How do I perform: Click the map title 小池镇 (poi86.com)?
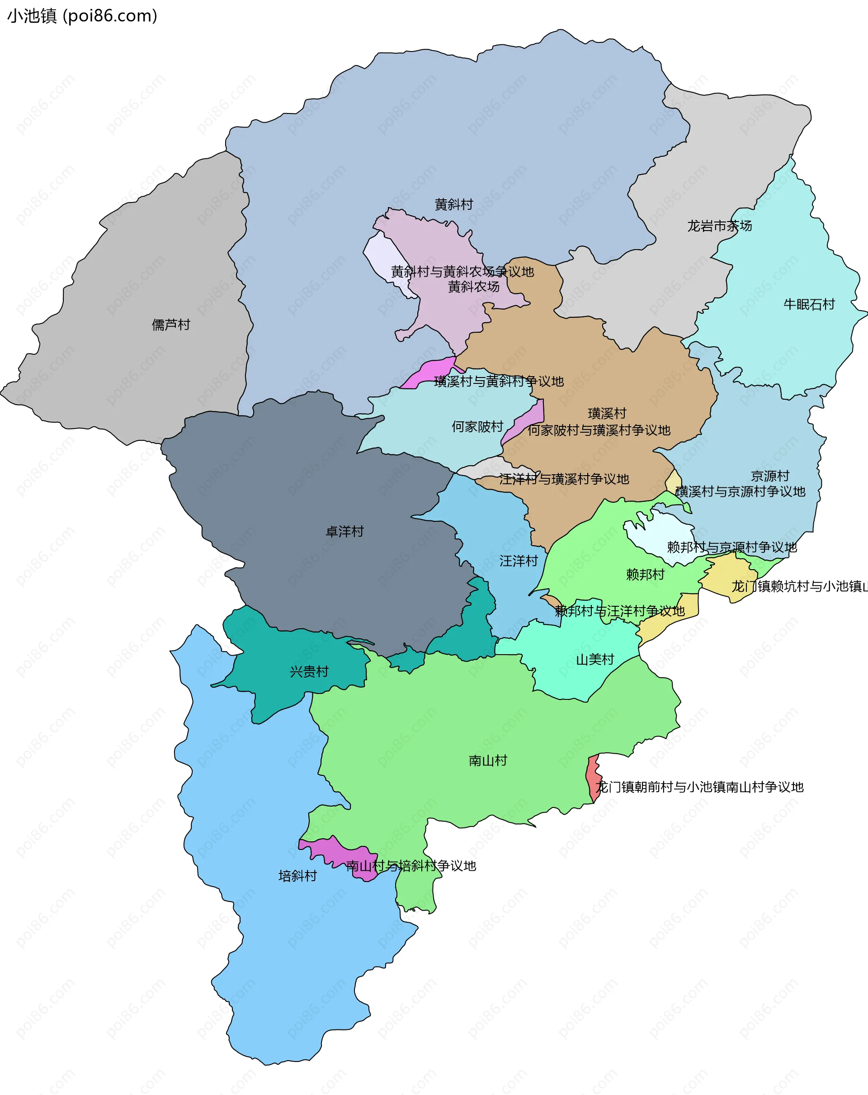82,16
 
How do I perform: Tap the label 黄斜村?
453,205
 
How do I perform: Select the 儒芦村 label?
170,325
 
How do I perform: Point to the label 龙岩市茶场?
719,226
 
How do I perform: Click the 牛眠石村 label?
809,304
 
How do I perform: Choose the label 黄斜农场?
473,287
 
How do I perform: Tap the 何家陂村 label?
477,427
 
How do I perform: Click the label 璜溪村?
607,413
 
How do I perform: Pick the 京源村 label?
770,476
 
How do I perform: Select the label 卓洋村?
344,531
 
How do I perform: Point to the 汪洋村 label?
518,561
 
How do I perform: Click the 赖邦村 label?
645,575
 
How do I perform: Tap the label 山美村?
595,660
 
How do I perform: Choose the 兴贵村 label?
309,671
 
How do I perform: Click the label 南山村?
488,760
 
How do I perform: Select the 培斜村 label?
297,876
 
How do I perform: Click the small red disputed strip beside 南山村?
593,778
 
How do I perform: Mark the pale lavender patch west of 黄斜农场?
383,256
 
